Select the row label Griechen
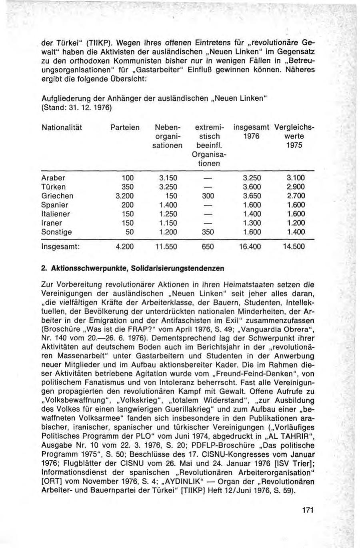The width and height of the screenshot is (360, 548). click(x=57, y=196)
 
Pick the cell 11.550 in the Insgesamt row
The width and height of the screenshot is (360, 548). click(x=166, y=247)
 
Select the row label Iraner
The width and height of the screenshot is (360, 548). click(x=52, y=223)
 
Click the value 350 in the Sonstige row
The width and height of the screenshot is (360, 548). click(x=208, y=232)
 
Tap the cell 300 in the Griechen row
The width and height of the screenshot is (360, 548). click(x=208, y=196)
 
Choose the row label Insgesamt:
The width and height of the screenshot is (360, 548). click(x=61, y=247)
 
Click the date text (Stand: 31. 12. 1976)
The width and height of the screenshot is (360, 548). click(x=76, y=108)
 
